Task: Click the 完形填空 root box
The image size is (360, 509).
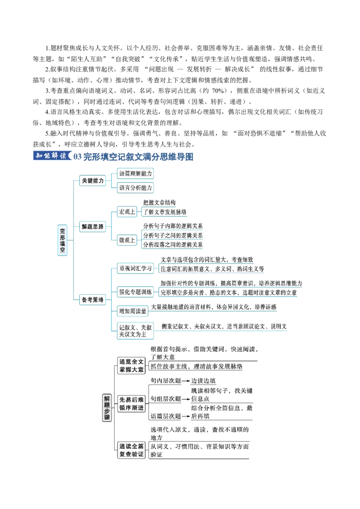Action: click(63, 240)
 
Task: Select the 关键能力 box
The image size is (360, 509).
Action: click(93, 180)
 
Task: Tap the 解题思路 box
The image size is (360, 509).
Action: click(93, 227)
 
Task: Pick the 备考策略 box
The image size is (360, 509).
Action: click(93, 299)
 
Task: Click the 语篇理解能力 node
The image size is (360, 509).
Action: click(135, 174)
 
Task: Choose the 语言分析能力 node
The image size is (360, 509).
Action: click(135, 188)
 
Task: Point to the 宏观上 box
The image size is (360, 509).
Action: click(127, 212)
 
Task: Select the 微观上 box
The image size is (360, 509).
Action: click(127, 240)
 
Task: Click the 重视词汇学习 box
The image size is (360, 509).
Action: click(135, 268)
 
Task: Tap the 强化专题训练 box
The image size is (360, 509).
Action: click(135, 292)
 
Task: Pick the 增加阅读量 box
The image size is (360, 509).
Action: click(133, 311)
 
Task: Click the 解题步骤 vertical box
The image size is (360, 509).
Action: click(107, 408)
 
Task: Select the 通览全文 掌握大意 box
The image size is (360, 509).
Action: click(131, 366)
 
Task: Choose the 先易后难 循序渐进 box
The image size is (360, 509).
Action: click(131, 403)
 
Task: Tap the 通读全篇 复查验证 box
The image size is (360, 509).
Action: click(131, 450)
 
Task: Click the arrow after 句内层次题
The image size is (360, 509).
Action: click(186, 381)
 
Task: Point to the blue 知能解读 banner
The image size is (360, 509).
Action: click(52, 156)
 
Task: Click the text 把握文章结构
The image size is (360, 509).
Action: click(159, 202)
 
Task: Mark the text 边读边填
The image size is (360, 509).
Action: click(203, 381)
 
